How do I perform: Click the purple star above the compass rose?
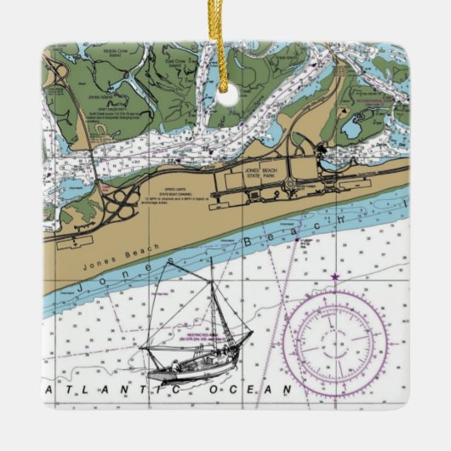point(334,277)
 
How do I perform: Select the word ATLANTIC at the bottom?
point(111,389)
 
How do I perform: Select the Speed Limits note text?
point(171,196)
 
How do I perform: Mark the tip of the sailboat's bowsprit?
point(253,334)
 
